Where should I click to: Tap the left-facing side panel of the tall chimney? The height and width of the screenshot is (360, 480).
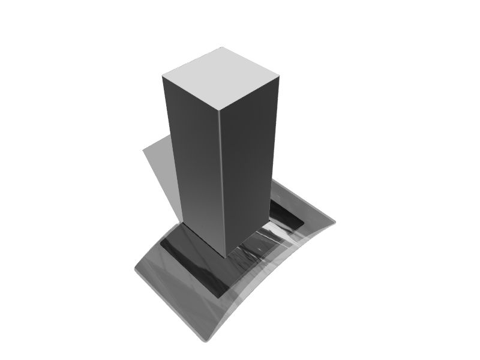[x=192, y=162]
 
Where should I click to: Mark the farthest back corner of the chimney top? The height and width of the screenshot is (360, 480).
[x=222, y=47]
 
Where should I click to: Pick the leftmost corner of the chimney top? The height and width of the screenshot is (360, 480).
[x=163, y=76]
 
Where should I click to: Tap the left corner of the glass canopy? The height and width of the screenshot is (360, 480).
[x=134, y=270]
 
